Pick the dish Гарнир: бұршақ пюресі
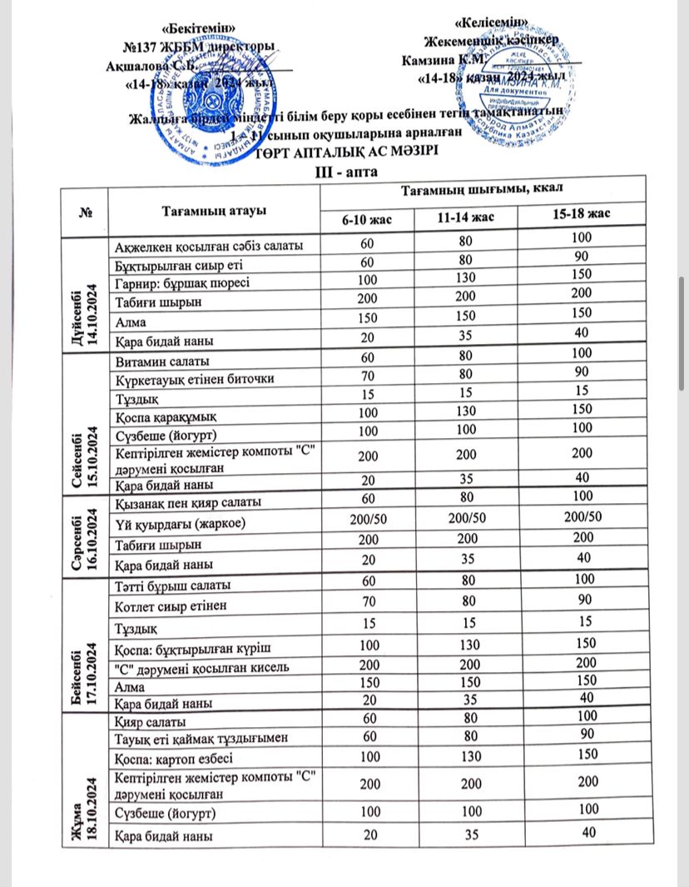[181, 282]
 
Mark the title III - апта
[343, 172]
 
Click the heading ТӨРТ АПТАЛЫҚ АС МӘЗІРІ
[344, 153]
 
